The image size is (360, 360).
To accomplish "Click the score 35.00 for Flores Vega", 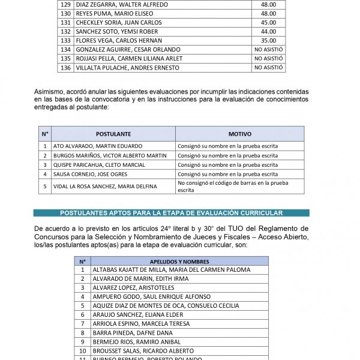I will pyautogui.click(x=268, y=41).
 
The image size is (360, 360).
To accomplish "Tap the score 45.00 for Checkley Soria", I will pyautogui.click(x=268, y=23).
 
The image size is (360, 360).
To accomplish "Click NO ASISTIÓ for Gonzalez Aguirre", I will pyautogui.click(x=269, y=50).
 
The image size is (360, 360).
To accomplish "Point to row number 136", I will pyautogui.click(x=66, y=68).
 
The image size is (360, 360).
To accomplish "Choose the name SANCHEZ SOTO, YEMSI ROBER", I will pyautogui.click(x=117, y=32).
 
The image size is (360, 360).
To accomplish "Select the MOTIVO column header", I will pyautogui.click(x=239, y=134).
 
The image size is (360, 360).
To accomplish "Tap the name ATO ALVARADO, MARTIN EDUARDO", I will pyautogui.click(x=98, y=146).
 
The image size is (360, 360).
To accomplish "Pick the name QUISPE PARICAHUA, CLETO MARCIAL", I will pyautogui.click(x=99, y=165).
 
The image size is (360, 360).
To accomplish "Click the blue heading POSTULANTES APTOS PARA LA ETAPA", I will pyautogui.click(x=171, y=213).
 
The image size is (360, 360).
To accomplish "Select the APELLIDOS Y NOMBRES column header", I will pyautogui.click(x=179, y=261).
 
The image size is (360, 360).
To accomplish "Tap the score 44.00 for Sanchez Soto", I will pyautogui.click(x=268, y=32).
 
